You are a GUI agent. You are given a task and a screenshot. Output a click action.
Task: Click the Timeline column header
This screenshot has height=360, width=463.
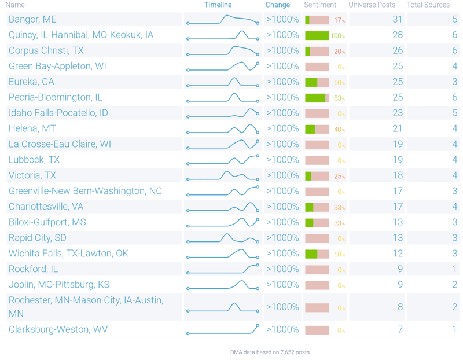[x=218, y=5]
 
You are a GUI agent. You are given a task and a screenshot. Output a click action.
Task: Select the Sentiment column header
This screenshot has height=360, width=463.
[x=320, y=5]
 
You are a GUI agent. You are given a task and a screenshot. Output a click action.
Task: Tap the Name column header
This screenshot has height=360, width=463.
[x=16, y=5]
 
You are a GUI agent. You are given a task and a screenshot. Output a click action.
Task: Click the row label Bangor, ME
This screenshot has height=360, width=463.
[x=32, y=20]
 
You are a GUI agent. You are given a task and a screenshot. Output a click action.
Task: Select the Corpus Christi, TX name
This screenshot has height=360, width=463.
[x=46, y=51]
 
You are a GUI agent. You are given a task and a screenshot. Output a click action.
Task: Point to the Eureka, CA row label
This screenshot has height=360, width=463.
[x=31, y=82]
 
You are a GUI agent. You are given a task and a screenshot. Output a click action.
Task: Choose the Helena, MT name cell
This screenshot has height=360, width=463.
[x=32, y=129]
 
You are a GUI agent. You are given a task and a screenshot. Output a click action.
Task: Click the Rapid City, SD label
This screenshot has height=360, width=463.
[x=38, y=238]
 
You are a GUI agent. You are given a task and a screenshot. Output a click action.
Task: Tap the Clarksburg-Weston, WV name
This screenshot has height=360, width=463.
[x=58, y=330]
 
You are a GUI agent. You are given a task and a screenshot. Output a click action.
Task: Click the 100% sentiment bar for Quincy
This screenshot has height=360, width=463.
[x=317, y=35]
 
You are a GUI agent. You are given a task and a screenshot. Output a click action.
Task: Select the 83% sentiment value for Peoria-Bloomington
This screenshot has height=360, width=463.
[x=339, y=98]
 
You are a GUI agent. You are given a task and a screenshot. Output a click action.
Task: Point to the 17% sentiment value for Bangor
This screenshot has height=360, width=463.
[x=339, y=20]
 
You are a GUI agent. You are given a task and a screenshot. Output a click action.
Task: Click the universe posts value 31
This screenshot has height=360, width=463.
[x=397, y=20]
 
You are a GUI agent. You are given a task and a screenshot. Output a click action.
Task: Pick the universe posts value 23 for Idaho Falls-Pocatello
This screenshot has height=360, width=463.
[x=397, y=113]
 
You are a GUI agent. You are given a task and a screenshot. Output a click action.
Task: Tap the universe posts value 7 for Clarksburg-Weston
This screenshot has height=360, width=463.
[x=399, y=330]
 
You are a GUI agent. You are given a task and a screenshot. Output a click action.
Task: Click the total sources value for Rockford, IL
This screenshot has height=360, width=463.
[x=455, y=269]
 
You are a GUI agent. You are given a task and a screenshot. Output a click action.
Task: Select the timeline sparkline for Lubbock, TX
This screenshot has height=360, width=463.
[x=223, y=160]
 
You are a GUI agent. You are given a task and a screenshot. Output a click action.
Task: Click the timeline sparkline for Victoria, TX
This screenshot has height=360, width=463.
[x=223, y=175]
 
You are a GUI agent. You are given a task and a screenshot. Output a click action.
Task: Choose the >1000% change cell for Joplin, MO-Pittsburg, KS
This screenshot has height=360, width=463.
[x=282, y=285]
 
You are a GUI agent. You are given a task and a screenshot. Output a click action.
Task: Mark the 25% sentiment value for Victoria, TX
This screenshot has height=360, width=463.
[x=339, y=176]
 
